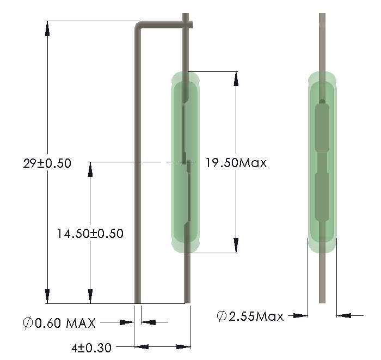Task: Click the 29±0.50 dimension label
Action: coord(47,163)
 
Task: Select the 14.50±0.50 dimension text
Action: coord(90,234)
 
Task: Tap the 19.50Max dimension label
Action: coord(236,162)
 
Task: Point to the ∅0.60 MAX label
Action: coord(59,323)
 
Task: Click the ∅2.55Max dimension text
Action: coord(250,316)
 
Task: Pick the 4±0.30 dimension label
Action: coord(91,346)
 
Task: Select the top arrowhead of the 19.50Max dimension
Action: coord(236,78)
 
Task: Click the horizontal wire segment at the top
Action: coord(163,24)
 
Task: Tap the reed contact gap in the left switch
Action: coord(186,163)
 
